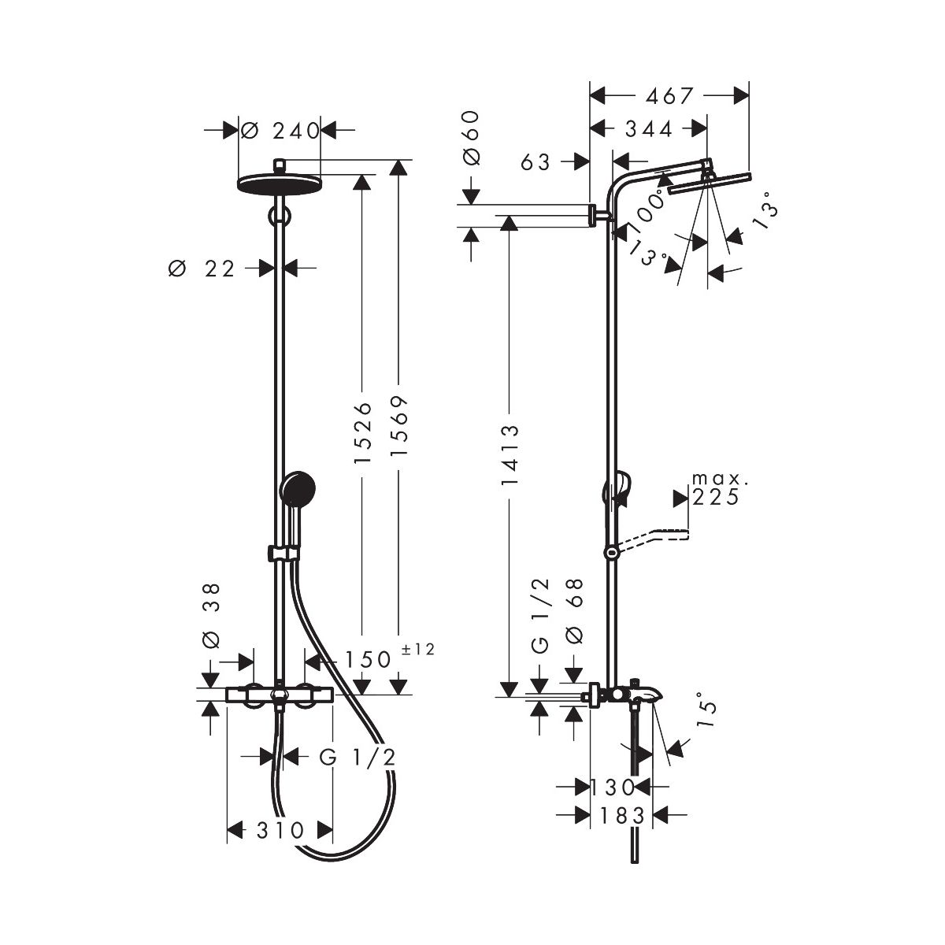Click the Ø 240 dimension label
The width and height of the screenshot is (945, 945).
(x=280, y=131)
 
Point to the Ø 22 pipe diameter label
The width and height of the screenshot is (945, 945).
(x=202, y=269)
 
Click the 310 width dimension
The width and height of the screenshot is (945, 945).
(x=280, y=830)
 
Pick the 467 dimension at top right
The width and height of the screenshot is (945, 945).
(x=669, y=96)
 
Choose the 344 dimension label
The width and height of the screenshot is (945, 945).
(x=648, y=129)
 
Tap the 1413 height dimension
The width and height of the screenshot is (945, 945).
(x=510, y=454)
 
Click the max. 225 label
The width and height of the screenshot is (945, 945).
(x=717, y=489)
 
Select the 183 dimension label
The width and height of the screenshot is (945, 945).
(x=623, y=816)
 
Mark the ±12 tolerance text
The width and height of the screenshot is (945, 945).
(x=418, y=649)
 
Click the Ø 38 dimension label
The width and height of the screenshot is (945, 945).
(x=211, y=616)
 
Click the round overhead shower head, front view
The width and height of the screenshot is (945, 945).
(x=280, y=183)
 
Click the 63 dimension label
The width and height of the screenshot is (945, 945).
(x=535, y=162)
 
